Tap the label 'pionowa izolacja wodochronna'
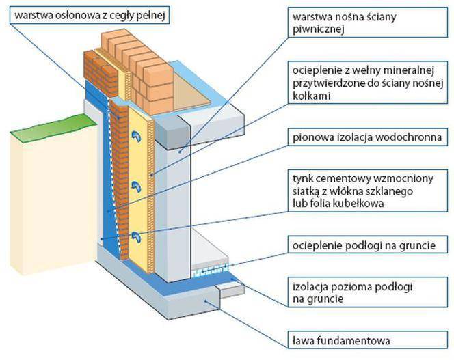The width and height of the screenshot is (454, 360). [x=364, y=139]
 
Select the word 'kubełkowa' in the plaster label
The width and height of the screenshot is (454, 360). [x=371, y=203]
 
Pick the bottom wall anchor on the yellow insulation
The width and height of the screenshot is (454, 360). [x=137, y=236]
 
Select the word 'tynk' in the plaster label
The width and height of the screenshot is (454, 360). [x=302, y=177]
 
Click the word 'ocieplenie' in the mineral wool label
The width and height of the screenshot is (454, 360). [x=315, y=72]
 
